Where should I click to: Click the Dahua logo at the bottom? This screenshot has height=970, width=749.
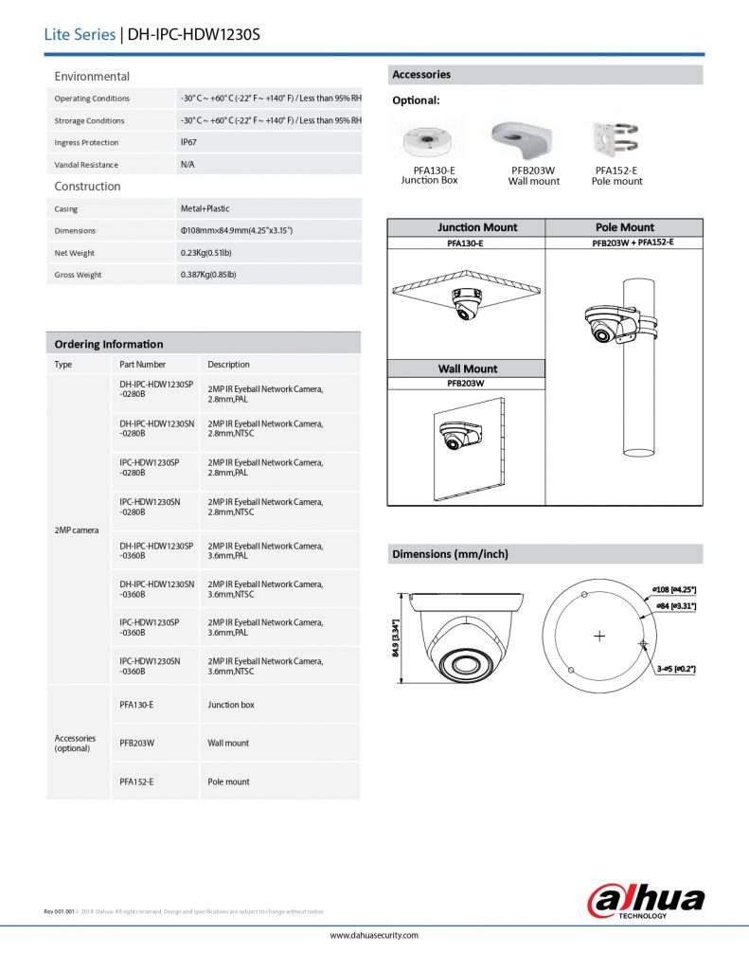coord(646,898)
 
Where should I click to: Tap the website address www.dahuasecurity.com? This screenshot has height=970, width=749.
coord(374,935)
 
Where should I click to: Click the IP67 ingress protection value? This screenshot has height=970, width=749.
coord(189,142)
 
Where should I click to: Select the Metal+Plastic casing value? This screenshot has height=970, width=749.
coord(205,208)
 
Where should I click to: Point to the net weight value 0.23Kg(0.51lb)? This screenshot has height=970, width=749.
coord(207,253)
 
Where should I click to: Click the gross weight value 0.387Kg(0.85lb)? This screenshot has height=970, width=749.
coord(208,275)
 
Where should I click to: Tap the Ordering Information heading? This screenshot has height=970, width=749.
coord(109,344)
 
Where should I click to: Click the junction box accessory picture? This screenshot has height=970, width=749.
coord(428,143)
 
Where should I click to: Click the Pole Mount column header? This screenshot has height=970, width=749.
coord(625,227)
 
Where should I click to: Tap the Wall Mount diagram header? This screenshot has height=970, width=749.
coord(467,368)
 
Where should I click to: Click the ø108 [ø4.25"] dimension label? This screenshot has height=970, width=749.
coord(674,590)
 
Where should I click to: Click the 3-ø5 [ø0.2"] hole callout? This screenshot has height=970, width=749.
coord(676,670)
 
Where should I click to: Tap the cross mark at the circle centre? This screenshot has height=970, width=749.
coord(598,637)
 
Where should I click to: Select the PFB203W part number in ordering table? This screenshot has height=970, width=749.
coord(136,743)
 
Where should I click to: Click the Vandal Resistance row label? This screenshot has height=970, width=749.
coord(86,165)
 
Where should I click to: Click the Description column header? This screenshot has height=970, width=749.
coord(228,364)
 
